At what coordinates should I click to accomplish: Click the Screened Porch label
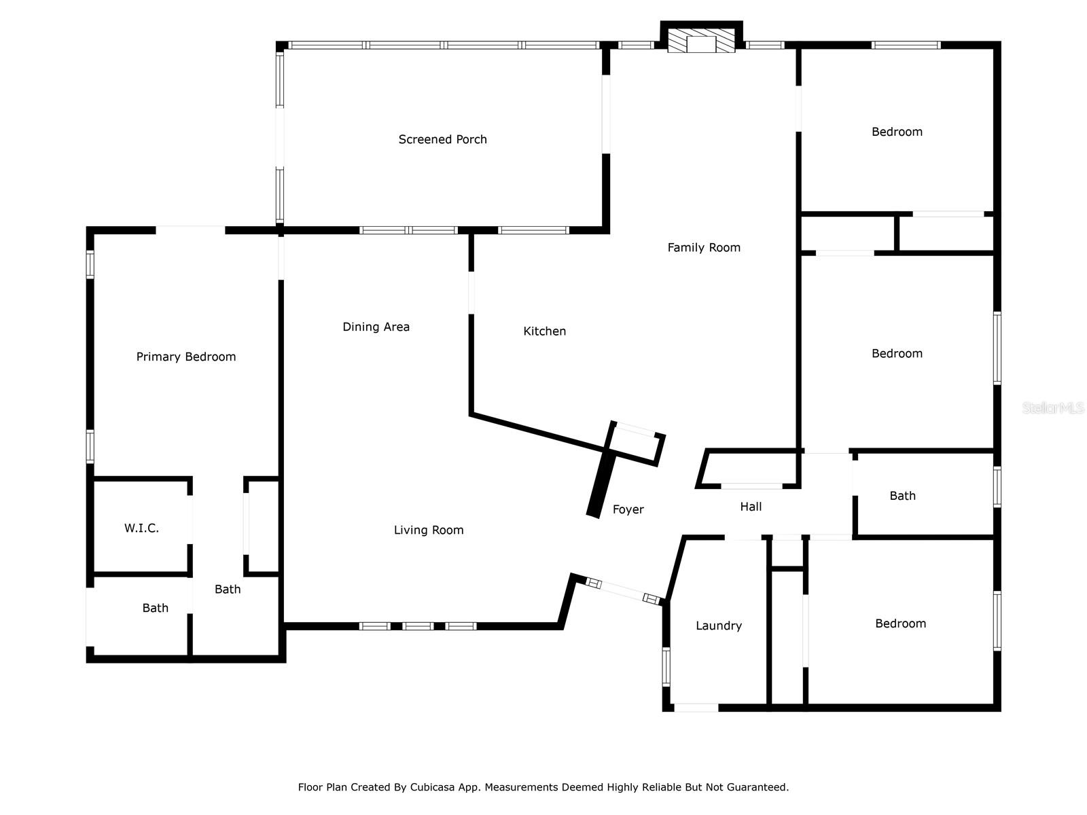(x=442, y=139)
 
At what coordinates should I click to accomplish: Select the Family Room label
(x=704, y=248)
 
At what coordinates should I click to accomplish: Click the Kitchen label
(x=544, y=331)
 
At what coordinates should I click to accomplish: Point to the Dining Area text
(x=376, y=327)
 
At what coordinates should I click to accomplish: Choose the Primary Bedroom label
(x=186, y=357)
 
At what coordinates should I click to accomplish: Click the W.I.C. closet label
(x=141, y=528)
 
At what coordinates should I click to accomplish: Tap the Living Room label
(x=429, y=530)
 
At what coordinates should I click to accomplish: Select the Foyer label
(x=628, y=509)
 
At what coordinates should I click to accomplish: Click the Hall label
(x=751, y=507)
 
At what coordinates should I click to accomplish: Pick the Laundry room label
(x=718, y=626)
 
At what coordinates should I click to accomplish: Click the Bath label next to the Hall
(x=902, y=496)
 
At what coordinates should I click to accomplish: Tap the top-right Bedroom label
(x=897, y=132)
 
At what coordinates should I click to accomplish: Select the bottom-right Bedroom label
(x=900, y=623)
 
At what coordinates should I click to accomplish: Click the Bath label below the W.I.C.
(x=155, y=608)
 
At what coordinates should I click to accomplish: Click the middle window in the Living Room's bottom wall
(x=417, y=626)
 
